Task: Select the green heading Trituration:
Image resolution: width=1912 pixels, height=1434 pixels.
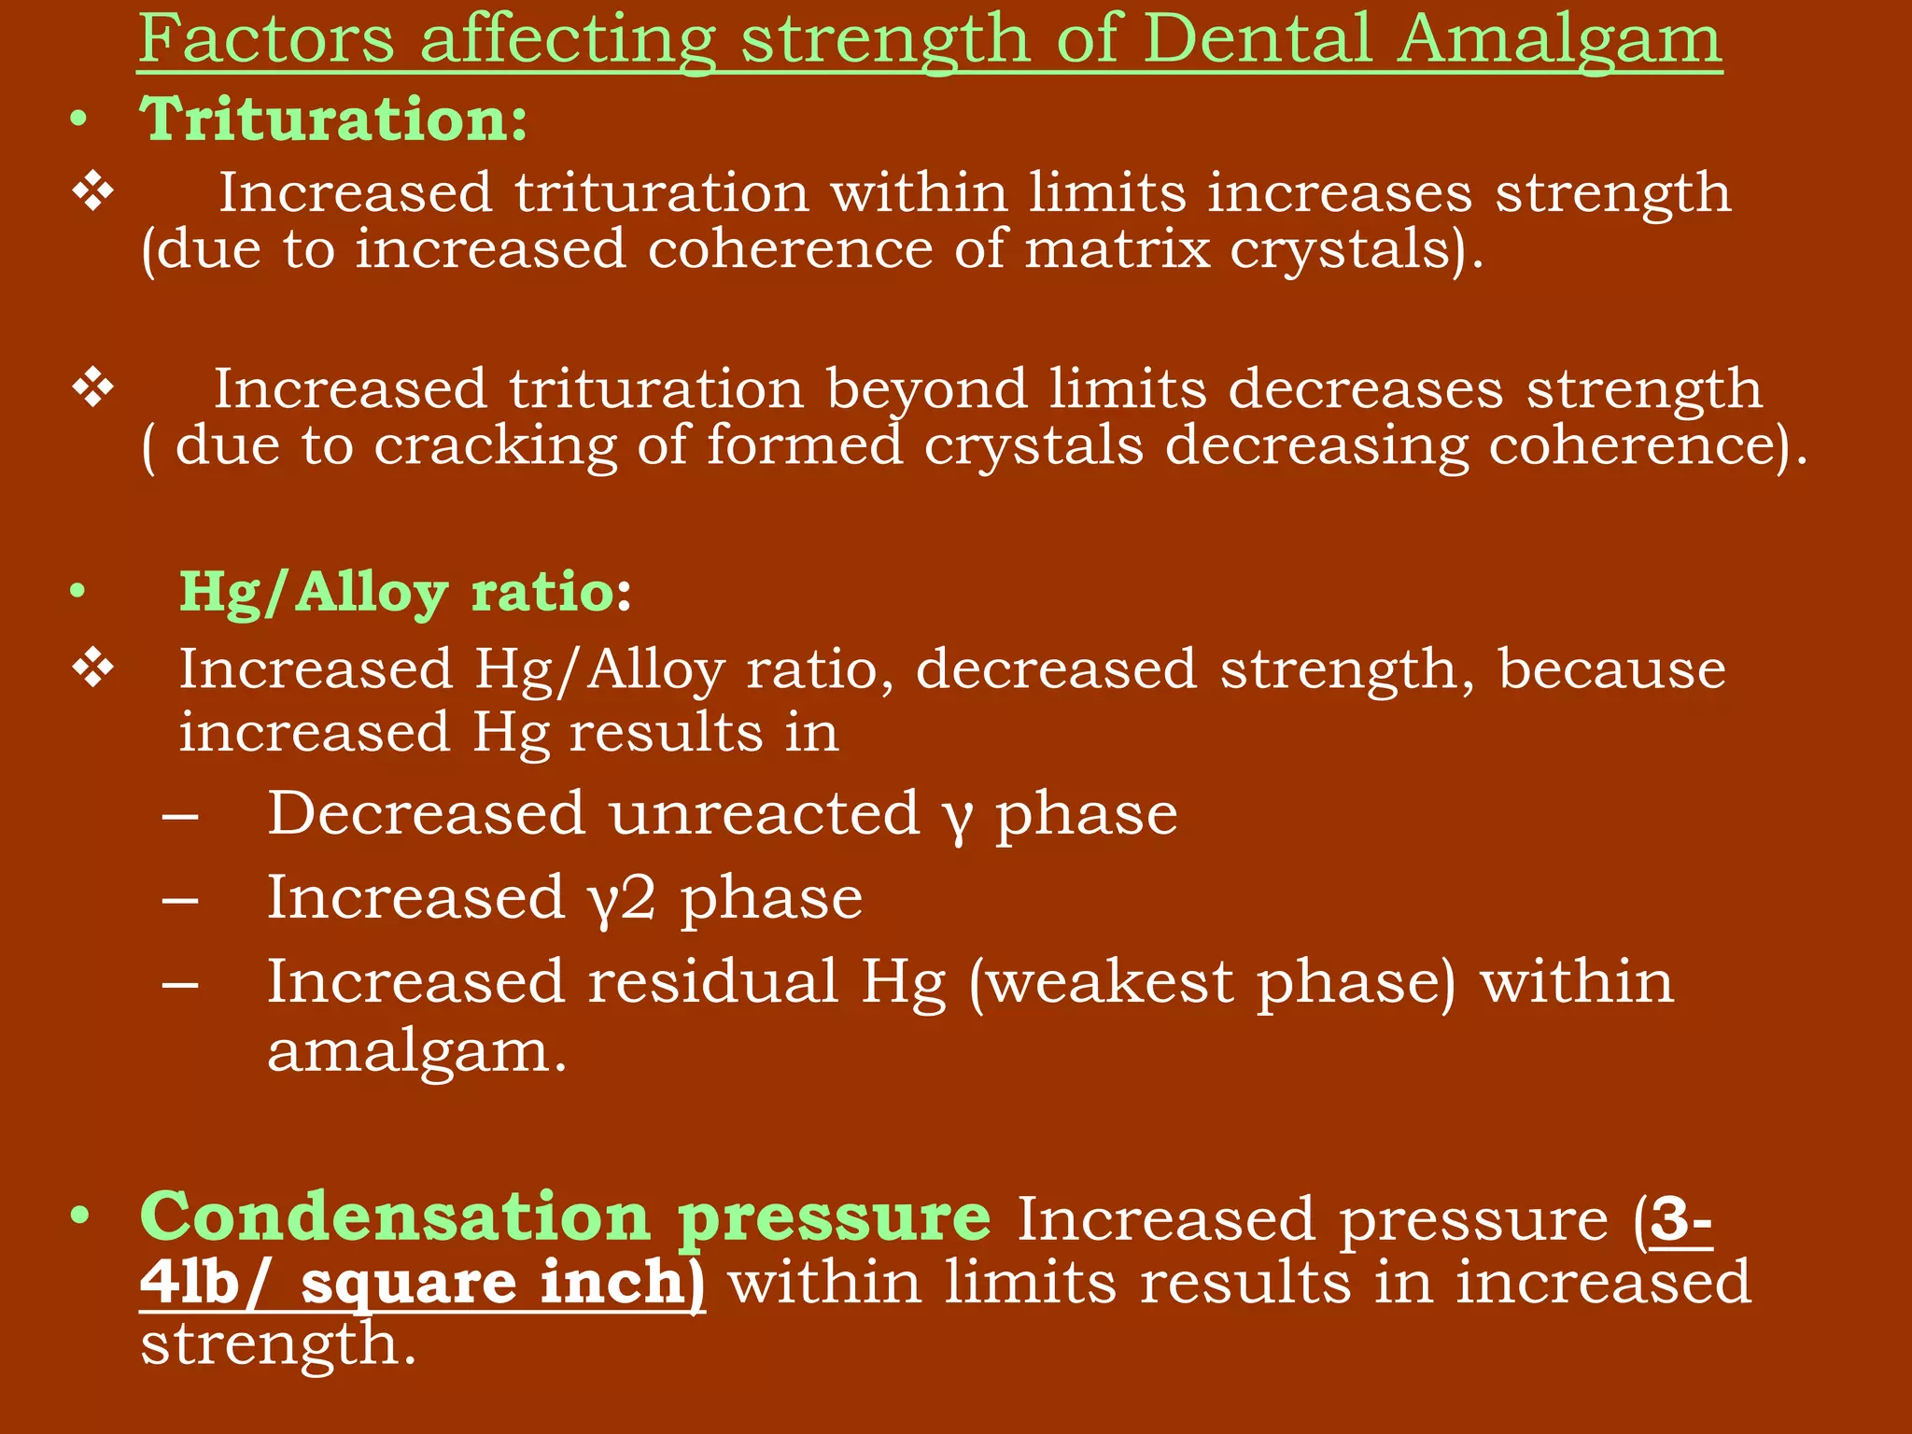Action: [x=334, y=120]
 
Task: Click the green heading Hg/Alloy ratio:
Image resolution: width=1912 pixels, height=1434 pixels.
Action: [x=405, y=593]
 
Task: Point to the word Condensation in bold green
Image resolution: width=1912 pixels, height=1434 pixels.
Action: [x=394, y=1216]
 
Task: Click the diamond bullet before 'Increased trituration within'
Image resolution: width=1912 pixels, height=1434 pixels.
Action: [x=93, y=192]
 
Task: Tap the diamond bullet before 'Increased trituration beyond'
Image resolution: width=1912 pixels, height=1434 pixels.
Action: [x=93, y=388]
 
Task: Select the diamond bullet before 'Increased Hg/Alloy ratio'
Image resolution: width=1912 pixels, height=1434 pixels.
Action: [x=93, y=669]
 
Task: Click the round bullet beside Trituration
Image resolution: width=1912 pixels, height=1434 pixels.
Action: [x=79, y=121]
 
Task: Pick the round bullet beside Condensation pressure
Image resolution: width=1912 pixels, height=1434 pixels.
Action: [x=79, y=1216]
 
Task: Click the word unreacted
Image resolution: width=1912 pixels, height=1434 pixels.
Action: [x=765, y=814]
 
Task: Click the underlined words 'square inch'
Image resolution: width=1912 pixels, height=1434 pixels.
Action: [x=494, y=1282]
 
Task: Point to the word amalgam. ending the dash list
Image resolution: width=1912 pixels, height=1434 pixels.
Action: [x=416, y=1053]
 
